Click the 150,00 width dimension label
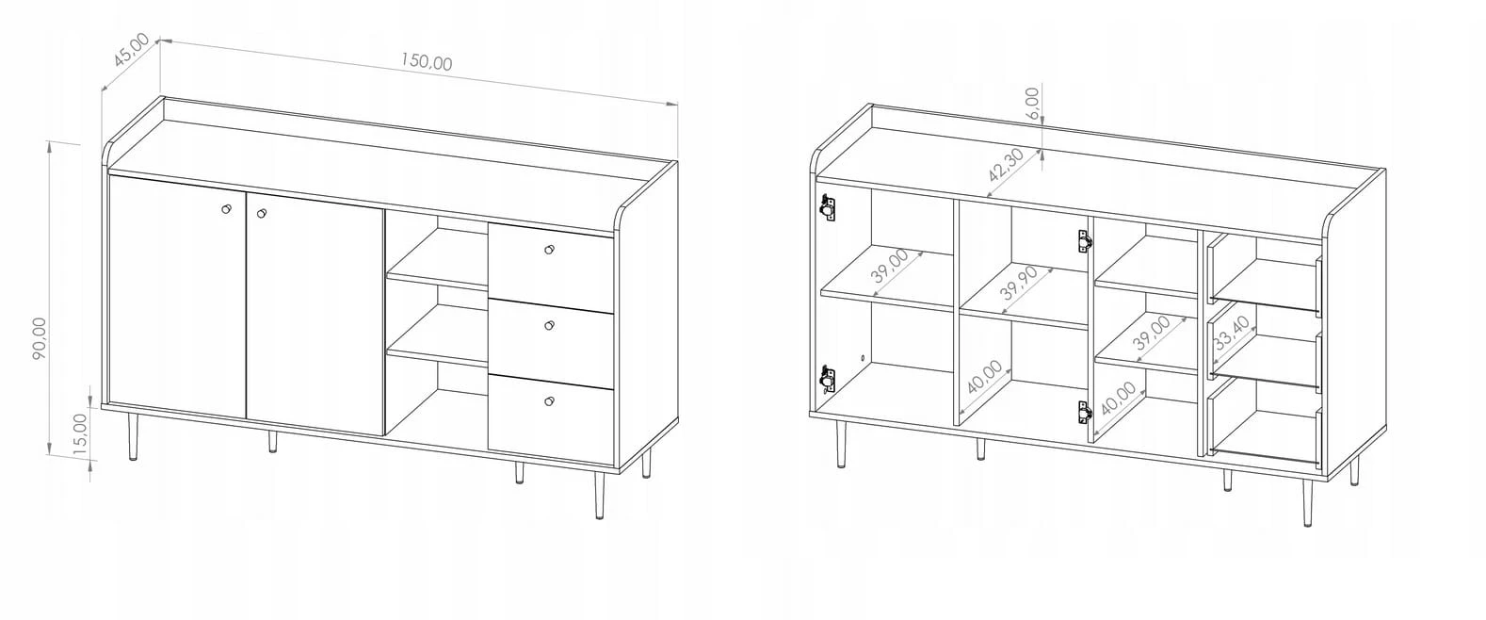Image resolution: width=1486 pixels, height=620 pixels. click(427, 62)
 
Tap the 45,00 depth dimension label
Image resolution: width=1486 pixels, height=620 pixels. click(131, 50)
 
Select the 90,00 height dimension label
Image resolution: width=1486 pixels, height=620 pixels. click(40, 338)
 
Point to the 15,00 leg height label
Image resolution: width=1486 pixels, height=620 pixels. click(80, 434)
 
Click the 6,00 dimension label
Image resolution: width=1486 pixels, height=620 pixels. click(1032, 104)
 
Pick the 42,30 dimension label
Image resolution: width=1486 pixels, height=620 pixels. click(1006, 165)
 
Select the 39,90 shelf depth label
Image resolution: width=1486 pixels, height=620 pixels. click(1018, 283)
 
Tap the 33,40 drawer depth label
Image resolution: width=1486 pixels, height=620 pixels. click(1232, 334)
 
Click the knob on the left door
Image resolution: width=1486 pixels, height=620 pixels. click(226, 209)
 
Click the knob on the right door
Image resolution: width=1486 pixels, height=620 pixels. click(262, 213)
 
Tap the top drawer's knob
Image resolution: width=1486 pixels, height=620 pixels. click(549, 250)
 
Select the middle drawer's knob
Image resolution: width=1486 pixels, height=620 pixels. click(549, 325)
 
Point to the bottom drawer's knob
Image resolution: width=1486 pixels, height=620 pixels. click(549, 401)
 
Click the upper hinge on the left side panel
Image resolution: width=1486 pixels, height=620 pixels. click(827, 207)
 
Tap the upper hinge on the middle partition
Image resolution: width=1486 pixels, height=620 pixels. click(1084, 241)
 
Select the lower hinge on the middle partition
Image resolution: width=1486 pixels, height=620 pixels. click(1084, 413)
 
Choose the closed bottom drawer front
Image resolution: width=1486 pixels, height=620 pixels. click(551, 419)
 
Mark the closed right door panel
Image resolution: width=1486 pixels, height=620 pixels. click(315, 314)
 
